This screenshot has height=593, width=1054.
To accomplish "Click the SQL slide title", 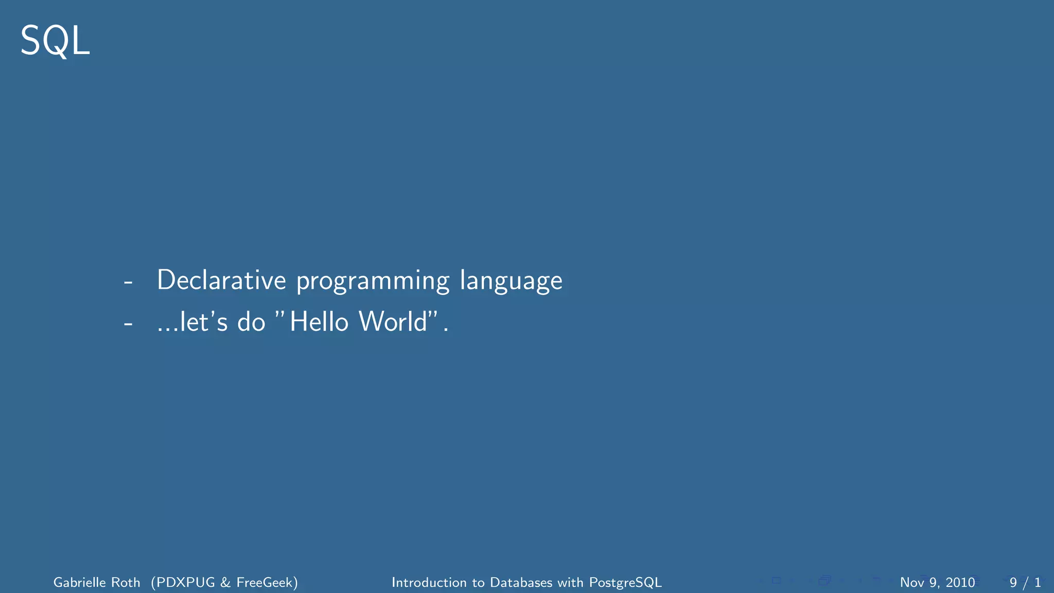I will click(55, 41).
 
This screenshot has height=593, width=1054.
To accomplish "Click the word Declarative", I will click(221, 281).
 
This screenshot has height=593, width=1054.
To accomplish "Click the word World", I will click(393, 322).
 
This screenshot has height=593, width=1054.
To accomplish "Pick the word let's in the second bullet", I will click(203, 322).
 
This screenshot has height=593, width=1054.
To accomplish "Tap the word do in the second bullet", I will click(251, 322).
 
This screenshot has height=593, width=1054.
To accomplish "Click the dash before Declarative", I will click(128, 282).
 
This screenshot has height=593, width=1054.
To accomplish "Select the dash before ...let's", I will click(128, 323).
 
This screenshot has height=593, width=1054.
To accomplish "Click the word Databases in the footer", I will click(521, 583).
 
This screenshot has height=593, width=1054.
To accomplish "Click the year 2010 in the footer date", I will click(960, 583).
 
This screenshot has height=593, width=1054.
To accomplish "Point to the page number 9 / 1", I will click(1025, 583).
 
